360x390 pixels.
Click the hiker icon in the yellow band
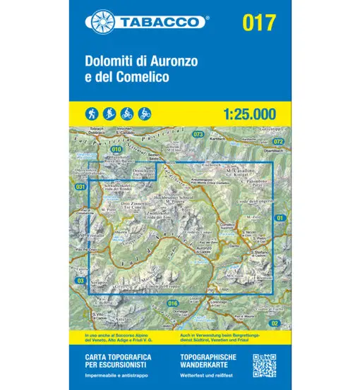tap(92, 112)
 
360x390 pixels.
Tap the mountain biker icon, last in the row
tap(145, 112)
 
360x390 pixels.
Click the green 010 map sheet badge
tap(116, 149)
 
